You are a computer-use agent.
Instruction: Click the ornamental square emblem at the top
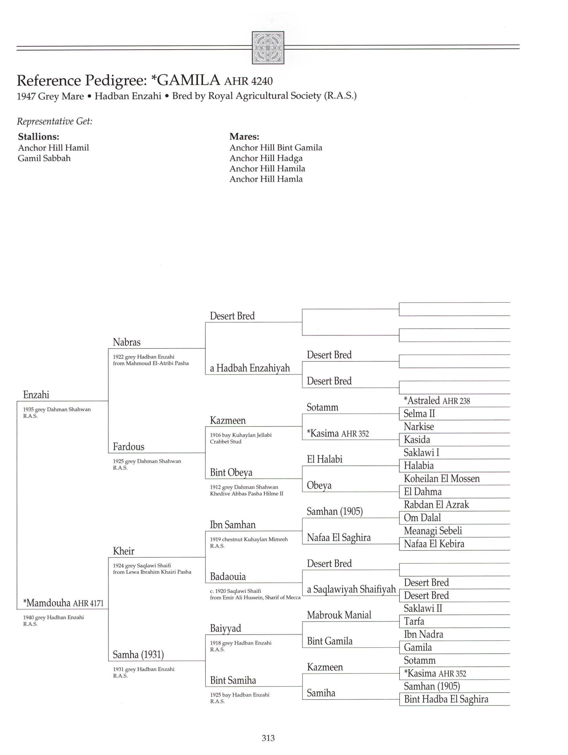click(268, 48)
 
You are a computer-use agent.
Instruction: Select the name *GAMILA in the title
click(186, 80)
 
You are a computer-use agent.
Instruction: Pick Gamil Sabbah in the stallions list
click(44, 158)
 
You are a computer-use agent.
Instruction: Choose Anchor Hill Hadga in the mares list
click(266, 158)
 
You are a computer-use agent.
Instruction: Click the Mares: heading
click(244, 136)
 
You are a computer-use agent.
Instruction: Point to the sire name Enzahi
click(36, 395)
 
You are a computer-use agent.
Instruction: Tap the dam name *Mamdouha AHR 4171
click(63, 603)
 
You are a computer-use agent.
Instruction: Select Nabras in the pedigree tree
click(126, 342)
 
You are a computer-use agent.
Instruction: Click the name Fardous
click(129, 447)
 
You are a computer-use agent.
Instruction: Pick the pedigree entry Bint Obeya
click(231, 473)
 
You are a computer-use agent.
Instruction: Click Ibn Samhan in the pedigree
click(232, 525)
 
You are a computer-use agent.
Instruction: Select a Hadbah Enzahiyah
click(250, 368)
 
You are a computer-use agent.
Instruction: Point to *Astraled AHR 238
click(436, 401)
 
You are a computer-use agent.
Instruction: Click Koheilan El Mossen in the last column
click(441, 479)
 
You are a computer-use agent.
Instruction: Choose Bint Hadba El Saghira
click(446, 699)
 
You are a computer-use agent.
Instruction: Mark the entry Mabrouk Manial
click(339, 615)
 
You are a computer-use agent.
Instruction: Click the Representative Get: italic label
click(55, 121)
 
